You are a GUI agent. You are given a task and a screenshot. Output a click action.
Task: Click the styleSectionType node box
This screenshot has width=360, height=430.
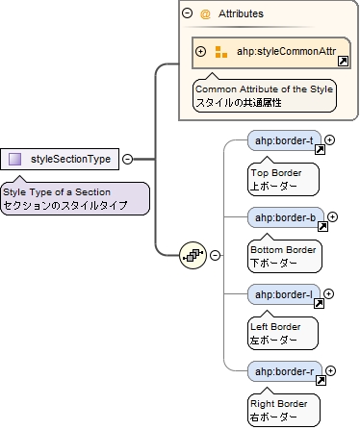[x=61, y=159]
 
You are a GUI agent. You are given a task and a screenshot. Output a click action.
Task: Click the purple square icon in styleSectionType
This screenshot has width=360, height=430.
[x=15, y=159]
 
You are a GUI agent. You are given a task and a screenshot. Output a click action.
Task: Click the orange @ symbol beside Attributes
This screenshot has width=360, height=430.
[x=204, y=14]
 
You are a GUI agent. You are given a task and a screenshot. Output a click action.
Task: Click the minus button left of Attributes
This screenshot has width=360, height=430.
[x=187, y=14]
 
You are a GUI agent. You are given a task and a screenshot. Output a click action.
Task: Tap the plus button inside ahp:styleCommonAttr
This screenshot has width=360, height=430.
[x=201, y=51]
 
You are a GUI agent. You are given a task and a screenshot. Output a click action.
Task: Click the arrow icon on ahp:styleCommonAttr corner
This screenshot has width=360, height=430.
[x=343, y=62]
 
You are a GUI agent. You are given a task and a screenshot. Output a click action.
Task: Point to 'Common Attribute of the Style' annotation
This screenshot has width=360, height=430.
[x=265, y=95]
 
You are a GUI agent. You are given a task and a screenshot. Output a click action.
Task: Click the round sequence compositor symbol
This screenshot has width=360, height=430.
[x=193, y=255]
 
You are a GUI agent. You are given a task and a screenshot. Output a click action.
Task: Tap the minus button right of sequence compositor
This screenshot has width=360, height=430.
[x=215, y=255]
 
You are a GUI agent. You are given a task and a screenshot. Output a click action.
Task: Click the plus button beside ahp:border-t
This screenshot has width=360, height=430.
[x=329, y=140]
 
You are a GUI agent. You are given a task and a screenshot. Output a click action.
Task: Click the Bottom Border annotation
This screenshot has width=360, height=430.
[x=284, y=255]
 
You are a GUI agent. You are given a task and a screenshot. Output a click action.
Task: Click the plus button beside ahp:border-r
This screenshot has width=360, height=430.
[x=330, y=370]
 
